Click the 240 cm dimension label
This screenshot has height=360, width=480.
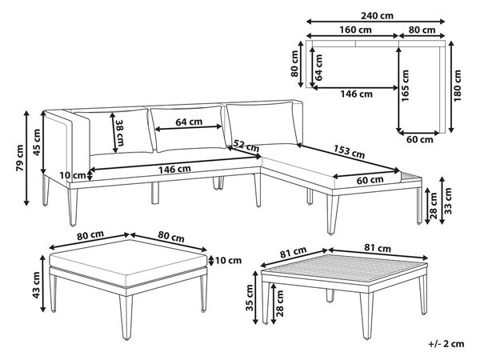tap(377, 16)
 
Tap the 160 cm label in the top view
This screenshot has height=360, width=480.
tap(355, 30)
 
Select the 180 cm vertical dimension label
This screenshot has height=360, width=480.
tap(458, 86)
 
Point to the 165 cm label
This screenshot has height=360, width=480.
tap(405, 86)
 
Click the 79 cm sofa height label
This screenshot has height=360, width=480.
tap(20, 158)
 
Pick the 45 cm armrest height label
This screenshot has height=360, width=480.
tap(37, 142)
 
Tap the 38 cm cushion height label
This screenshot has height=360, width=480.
tap(120, 132)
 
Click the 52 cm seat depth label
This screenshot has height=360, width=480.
tap(246, 146)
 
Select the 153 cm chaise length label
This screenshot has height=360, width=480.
tap(349, 152)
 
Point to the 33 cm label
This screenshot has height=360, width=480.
tap(448, 201)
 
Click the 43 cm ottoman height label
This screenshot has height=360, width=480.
tap(36, 285)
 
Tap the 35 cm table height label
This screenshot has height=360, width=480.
tap(250, 298)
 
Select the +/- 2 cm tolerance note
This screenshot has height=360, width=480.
tap(446, 344)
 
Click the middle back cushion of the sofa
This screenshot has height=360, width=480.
tap(189, 129)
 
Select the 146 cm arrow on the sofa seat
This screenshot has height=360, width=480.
tap(174, 164)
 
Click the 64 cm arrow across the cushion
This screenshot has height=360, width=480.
tap(189, 128)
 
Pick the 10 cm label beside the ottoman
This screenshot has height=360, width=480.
tap(228, 261)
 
